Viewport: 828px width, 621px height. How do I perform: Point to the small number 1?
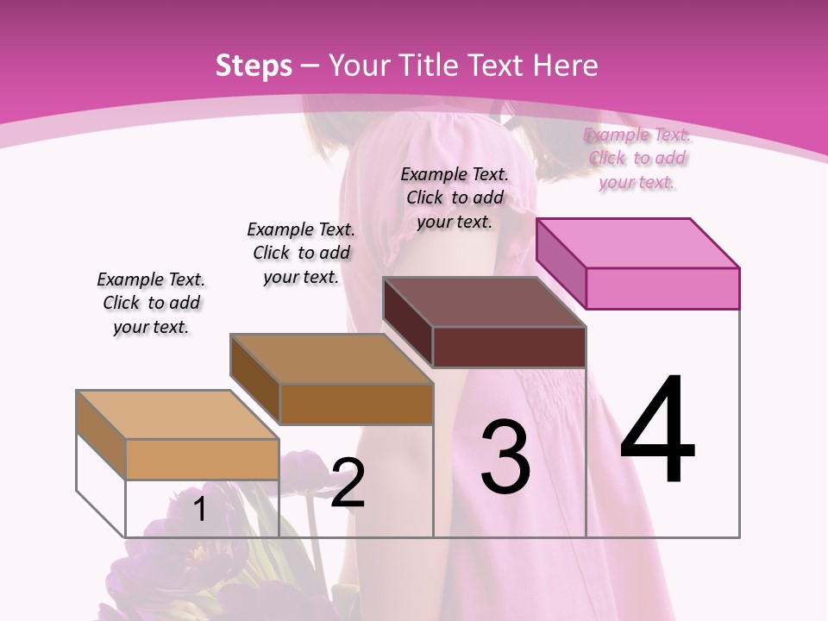[199, 509]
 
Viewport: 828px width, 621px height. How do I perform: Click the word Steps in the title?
[254, 66]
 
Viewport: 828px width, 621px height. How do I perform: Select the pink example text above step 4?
[637, 158]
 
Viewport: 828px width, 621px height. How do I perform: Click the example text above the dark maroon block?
[455, 198]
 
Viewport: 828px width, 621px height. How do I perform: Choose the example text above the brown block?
[301, 253]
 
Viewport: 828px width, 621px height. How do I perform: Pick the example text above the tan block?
[151, 303]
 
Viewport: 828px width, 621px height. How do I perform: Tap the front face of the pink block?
[662, 288]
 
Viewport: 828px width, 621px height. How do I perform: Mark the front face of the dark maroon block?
[509, 347]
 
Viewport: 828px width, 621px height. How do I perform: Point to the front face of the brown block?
[356, 404]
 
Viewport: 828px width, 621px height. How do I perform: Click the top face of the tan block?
[178, 415]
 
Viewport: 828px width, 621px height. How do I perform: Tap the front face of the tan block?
[202, 459]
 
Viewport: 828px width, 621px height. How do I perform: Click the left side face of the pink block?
[561, 263]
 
